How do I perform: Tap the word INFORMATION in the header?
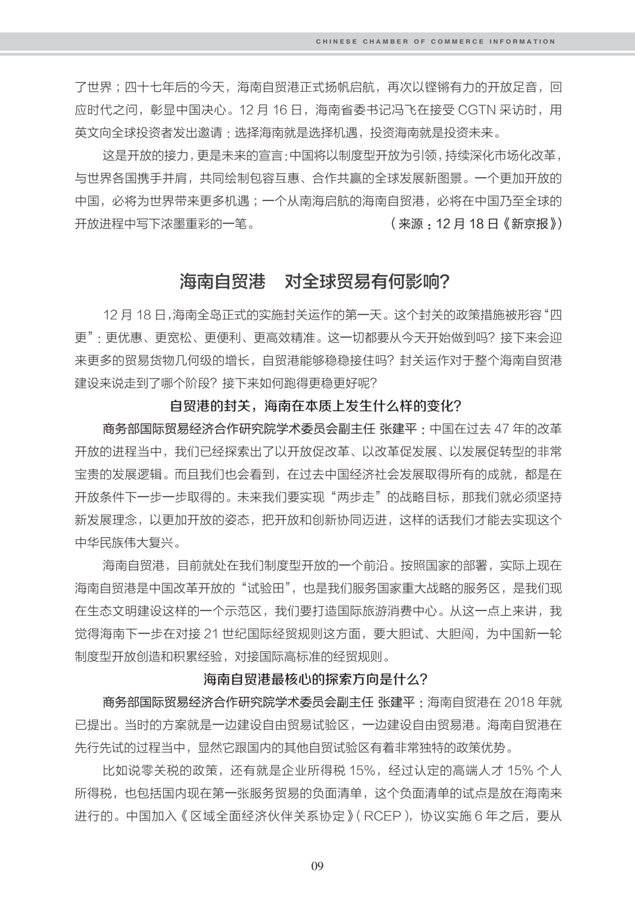[x=523, y=42]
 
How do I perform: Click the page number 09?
[x=317, y=865]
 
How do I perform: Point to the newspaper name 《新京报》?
[x=532, y=224]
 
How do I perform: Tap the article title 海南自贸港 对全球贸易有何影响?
[x=315, y=282]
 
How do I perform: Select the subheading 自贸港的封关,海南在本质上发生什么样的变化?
[x=317, y=406]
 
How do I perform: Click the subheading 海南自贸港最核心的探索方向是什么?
[x=317, y=679]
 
